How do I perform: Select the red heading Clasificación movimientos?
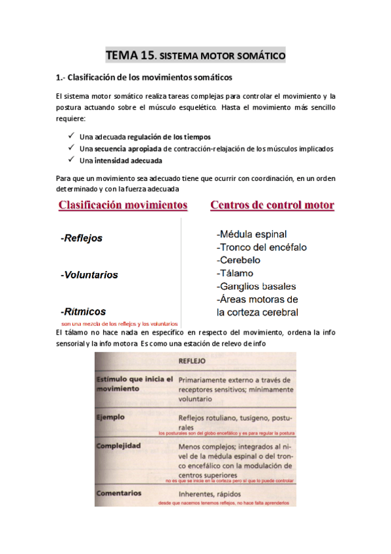click(123, 205)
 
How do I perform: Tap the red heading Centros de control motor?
click(272, 205)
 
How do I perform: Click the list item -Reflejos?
click(82, 238)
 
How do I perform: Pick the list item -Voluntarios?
click(89, 275)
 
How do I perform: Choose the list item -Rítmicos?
click(83, 312)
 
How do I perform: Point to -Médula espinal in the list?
click(251, 234)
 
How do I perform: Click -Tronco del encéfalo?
click(261, 247)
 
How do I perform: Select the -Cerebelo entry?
click(240, 260)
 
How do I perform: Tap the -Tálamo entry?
click(235, 273)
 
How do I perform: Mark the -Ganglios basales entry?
click(256, 286)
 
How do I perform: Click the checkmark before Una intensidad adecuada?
click(70, 160)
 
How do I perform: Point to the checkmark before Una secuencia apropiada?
click(70, 148)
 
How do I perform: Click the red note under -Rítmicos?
click(119, 323)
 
